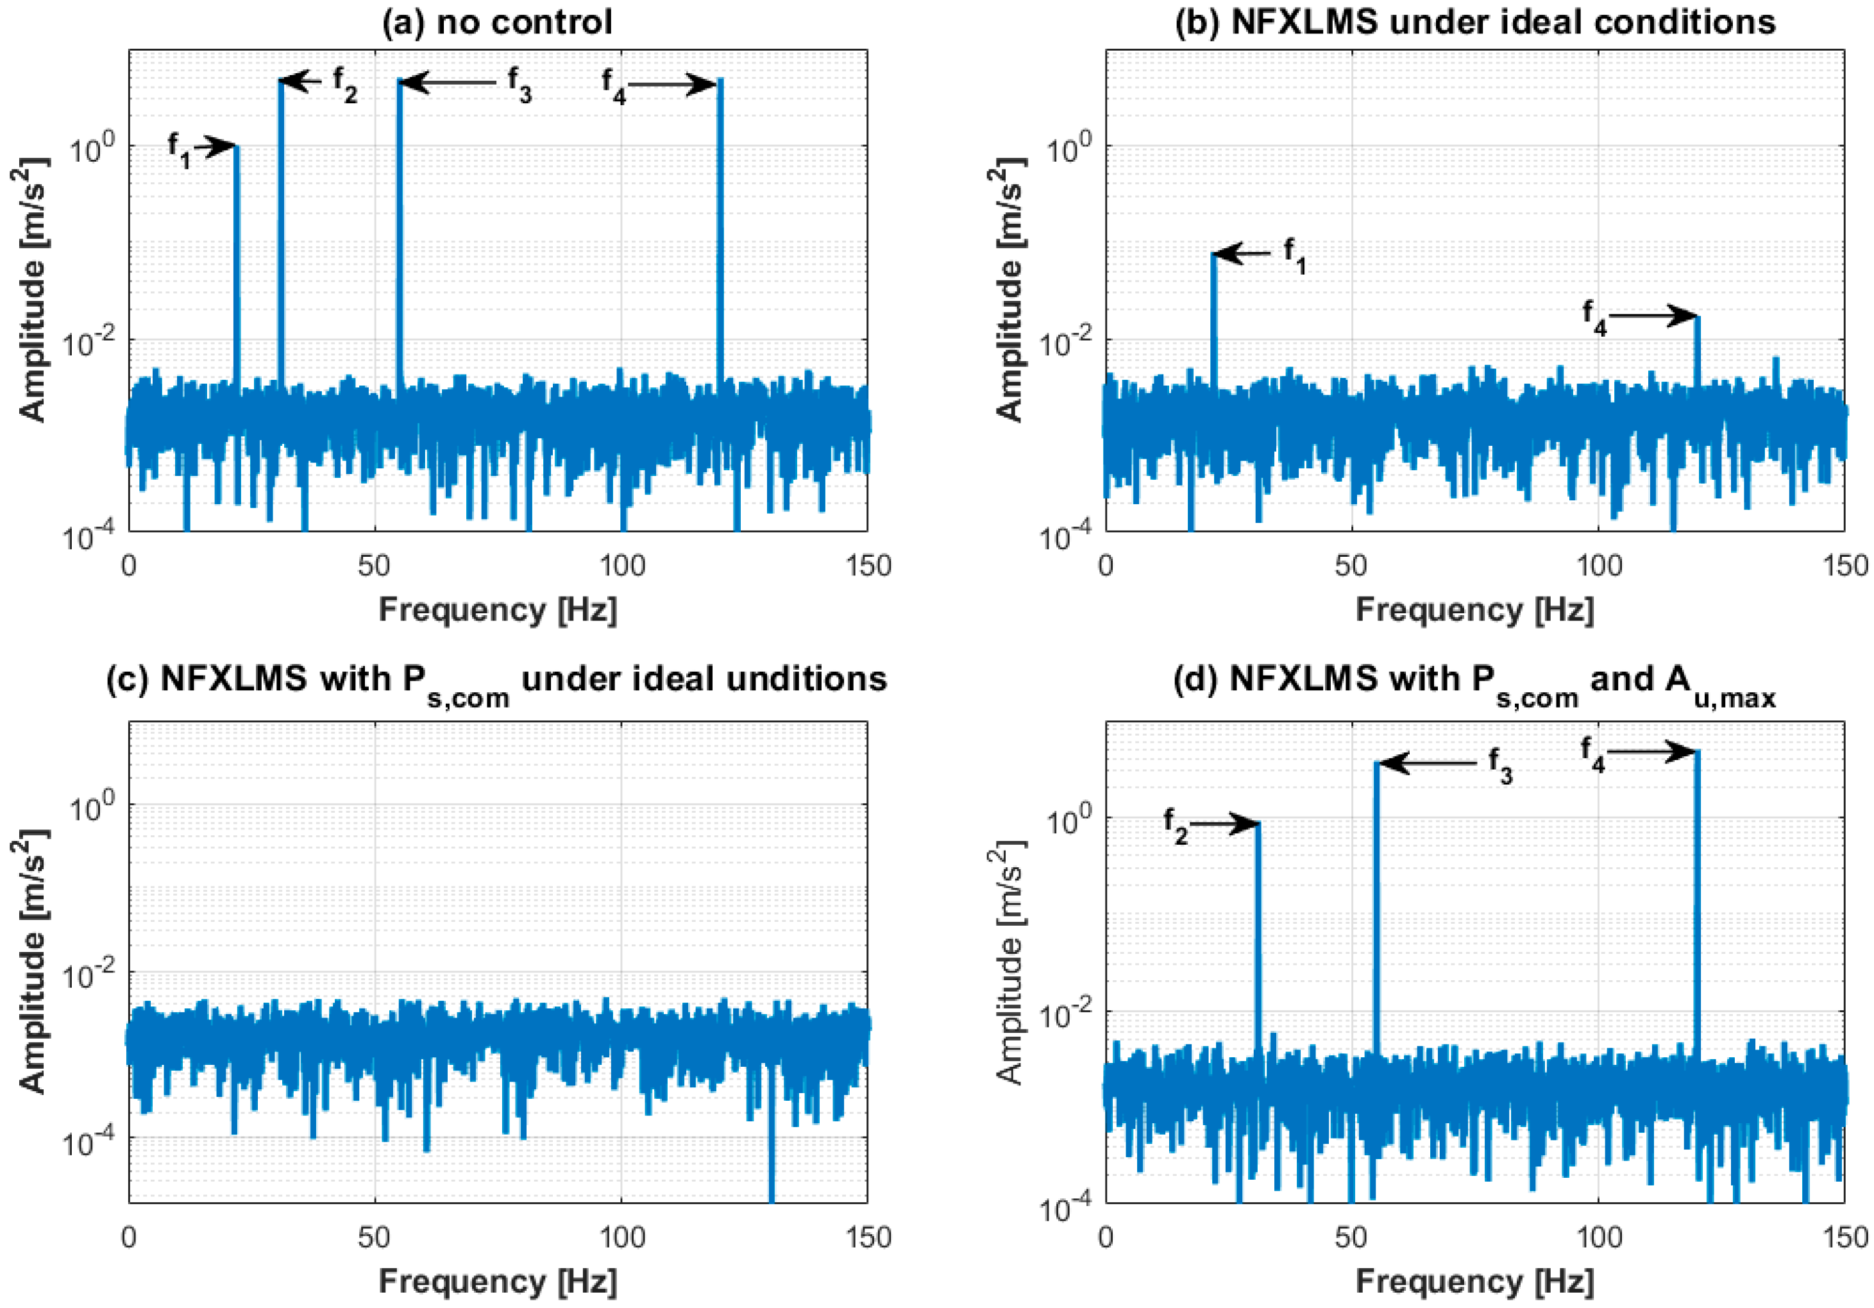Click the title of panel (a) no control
pos(497,22)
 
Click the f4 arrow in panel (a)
pos(671,84)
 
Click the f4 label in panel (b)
pos(1594,317)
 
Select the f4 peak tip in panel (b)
pos(1698,318)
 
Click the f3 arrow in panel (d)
pos(1427,763)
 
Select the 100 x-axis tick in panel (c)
pos(622,1237)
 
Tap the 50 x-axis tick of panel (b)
pos(1351,566)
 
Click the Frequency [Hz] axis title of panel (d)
pos(1474,1281)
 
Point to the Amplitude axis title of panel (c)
pos(33,961)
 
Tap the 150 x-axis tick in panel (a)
pos(868,566)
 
